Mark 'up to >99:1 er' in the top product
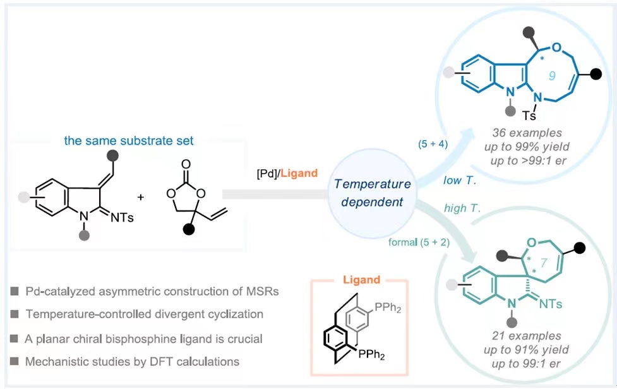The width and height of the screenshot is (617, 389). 536,159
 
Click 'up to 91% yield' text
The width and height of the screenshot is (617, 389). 536,349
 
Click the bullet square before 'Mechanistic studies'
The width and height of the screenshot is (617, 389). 15,362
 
